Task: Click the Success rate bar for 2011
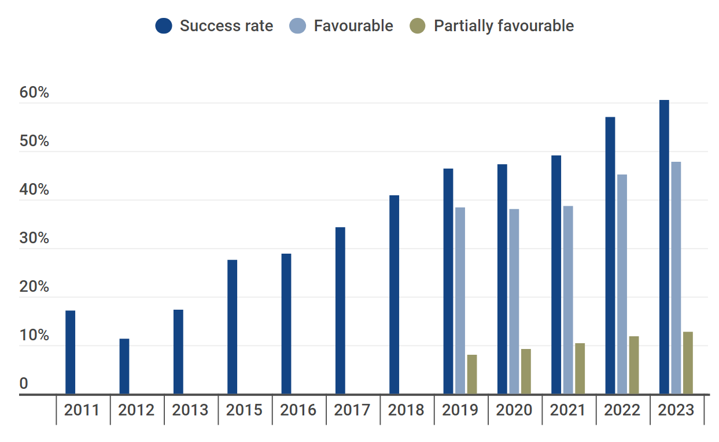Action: (x=70, y=352)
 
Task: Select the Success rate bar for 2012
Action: (x=124, y=366)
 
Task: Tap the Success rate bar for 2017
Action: (x=340, y=311)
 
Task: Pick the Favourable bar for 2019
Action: (x=460, y=300)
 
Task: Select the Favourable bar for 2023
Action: (x=676, y=278)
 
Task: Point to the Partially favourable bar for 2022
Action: (x=634, y=365)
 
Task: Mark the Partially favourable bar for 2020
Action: (x=526, y=372)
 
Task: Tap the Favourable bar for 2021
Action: (x=568, y=300)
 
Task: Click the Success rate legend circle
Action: (x=164, y=26)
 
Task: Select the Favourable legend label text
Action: (x=353, y=26)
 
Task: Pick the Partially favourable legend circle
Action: (x=418, y=26)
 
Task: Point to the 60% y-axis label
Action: (x=34, y=94)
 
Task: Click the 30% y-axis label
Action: (x=34, y=239)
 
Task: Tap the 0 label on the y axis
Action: (x=24, y=384)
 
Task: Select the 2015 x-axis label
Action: (x=244, y=410)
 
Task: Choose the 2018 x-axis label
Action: (x=406, y=410)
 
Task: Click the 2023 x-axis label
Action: (x=676, y=410)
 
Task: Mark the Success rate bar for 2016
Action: (x=286, y=324)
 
